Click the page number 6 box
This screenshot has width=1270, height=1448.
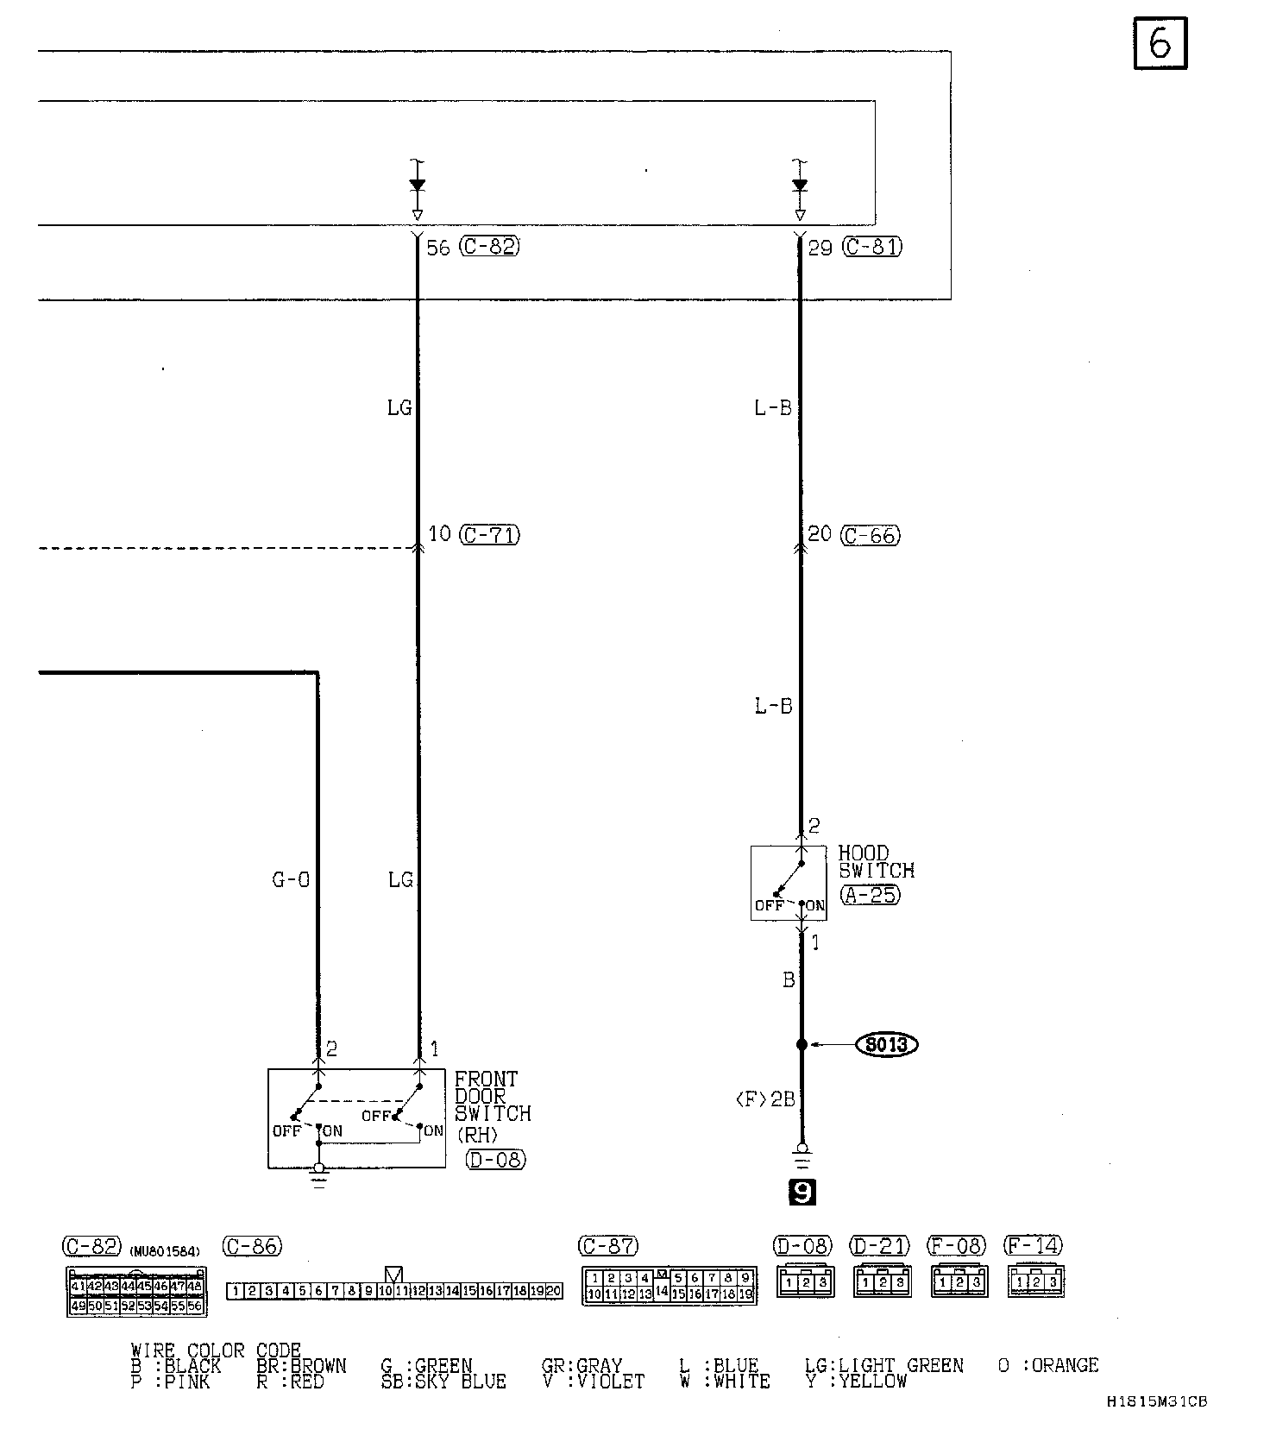tap(1160, 43)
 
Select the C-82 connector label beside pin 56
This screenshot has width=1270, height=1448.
tap(489, 247)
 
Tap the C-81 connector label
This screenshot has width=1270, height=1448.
tap(872, 247)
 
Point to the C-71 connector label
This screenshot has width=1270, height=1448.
tap(489, 535)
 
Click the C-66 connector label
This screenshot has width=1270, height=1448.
tap(871, 535)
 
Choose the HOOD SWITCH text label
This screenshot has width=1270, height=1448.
tap(875, 862)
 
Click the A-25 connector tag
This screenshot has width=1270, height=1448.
tap(869, 895)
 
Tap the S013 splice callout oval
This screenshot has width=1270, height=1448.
tap(886, 1045)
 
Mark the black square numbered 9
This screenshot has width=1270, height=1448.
tap(802, 1193)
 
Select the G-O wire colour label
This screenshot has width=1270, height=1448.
tap(291, 880)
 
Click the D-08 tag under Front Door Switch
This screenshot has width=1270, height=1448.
tap(495, 1160)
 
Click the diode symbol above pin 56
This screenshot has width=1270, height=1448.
tap(418, 186)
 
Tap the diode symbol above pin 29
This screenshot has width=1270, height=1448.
tap(800, 186)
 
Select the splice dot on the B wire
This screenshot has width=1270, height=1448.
tap(802, 1045)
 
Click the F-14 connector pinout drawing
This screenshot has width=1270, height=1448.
tap(1036, 1281)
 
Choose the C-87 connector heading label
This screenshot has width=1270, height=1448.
tap(608, 1246)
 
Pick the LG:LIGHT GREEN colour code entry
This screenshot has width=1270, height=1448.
tap(883, 1366)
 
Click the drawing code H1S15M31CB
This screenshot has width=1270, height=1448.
tap(1156, 1426)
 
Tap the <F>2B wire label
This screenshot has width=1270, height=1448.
tap(764, 1099)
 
